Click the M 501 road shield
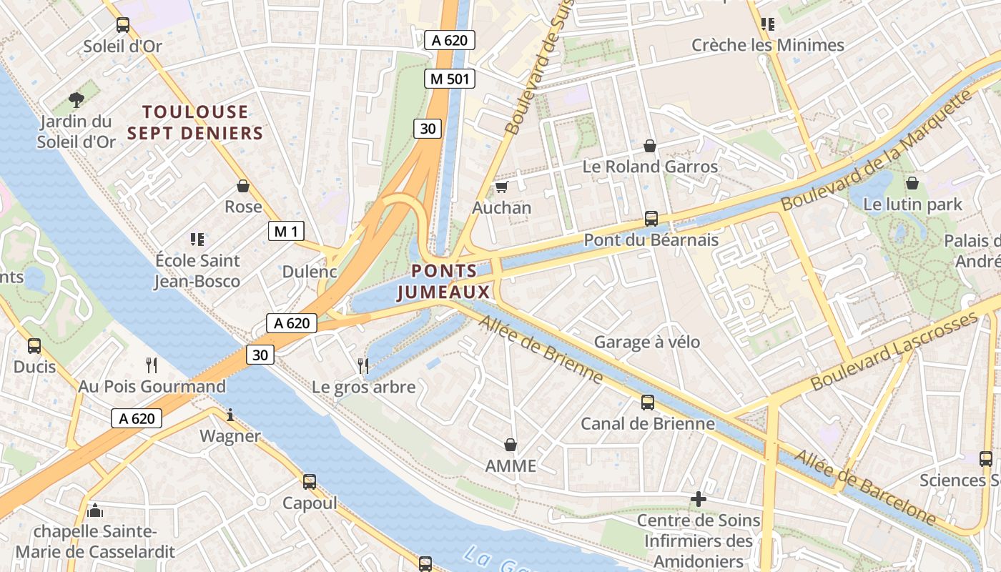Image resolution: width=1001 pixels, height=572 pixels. (x=450, y=79)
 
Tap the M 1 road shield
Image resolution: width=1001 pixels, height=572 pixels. (x=286, y=231)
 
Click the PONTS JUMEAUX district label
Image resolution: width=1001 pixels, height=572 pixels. (x=444, y=281)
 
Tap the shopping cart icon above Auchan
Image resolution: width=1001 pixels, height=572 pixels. (x=501, y=187)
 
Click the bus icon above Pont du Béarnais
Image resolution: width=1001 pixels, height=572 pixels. (x=651, y=219)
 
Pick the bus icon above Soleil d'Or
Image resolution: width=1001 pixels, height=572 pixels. (x=123, y=25)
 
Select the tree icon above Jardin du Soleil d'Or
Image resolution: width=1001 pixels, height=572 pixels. (x=77, y=100)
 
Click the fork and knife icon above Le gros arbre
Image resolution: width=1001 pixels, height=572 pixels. (x=363, y=366)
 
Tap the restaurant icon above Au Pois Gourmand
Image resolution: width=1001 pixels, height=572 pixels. (x=152, y=365)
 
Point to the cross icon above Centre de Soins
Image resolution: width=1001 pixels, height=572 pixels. (x=699, y=499)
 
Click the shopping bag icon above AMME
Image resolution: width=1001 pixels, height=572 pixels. (x=511, y=445)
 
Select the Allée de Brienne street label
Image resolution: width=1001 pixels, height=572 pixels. (x=541, y=350)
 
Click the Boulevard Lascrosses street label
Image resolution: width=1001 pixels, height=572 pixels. (x=893, y=351)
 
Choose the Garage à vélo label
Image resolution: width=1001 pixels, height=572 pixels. (x=647, y=342)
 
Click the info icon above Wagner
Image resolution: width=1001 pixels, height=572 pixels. (x=230, y=415)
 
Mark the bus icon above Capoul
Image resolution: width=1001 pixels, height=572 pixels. (x=309, y=481)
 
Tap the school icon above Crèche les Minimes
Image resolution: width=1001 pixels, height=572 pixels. (x=768, y=24)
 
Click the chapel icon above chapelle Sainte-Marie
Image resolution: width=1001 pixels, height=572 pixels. (x=95, y=511)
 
